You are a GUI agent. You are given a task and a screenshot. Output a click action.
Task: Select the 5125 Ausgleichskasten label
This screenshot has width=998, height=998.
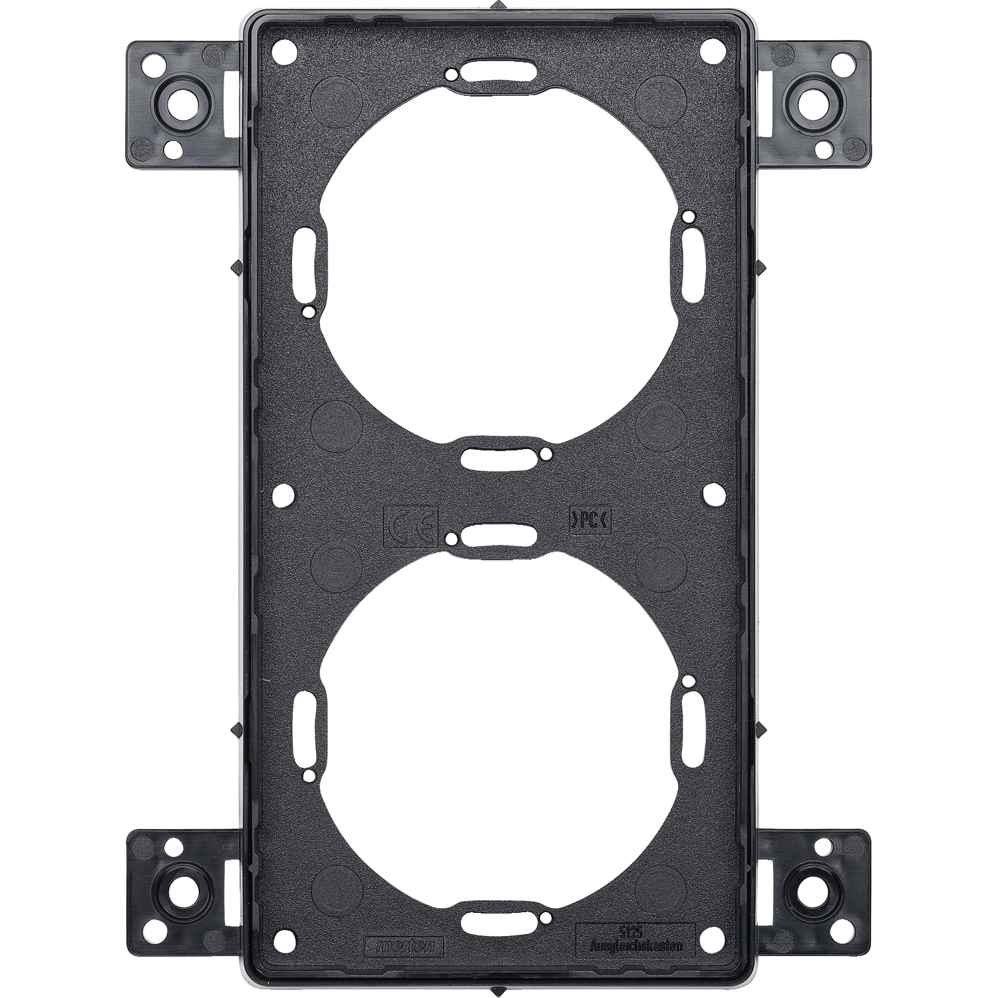tap(633, 940)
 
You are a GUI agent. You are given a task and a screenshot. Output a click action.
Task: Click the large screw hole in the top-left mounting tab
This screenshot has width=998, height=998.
tap(179, 104)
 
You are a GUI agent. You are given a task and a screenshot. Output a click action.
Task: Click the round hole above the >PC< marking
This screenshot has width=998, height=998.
tap(713, 494)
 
